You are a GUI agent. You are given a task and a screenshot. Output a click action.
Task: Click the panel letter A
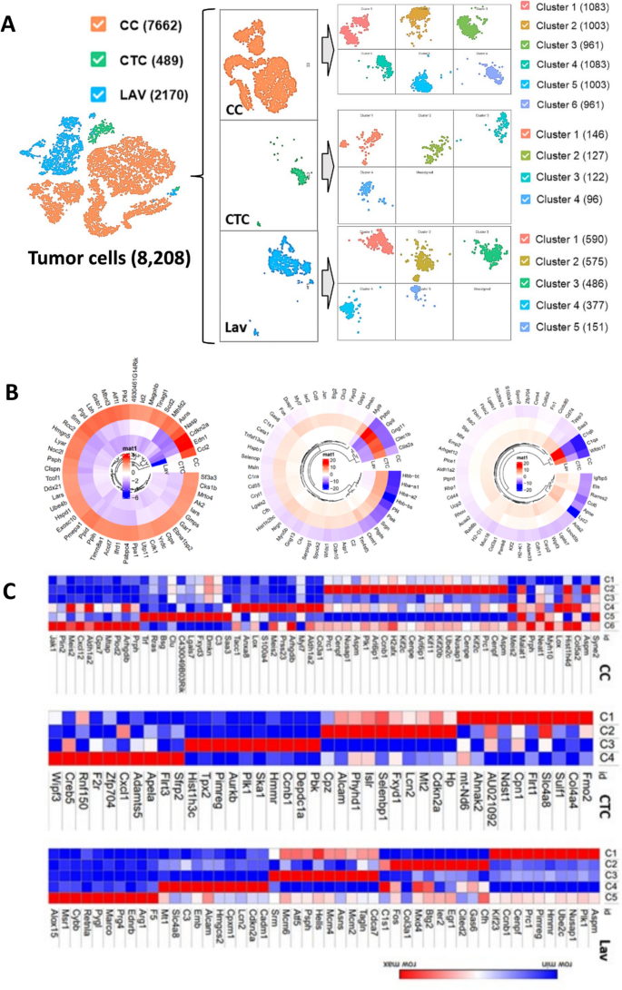pyautogui.click(x=12, y=25)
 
